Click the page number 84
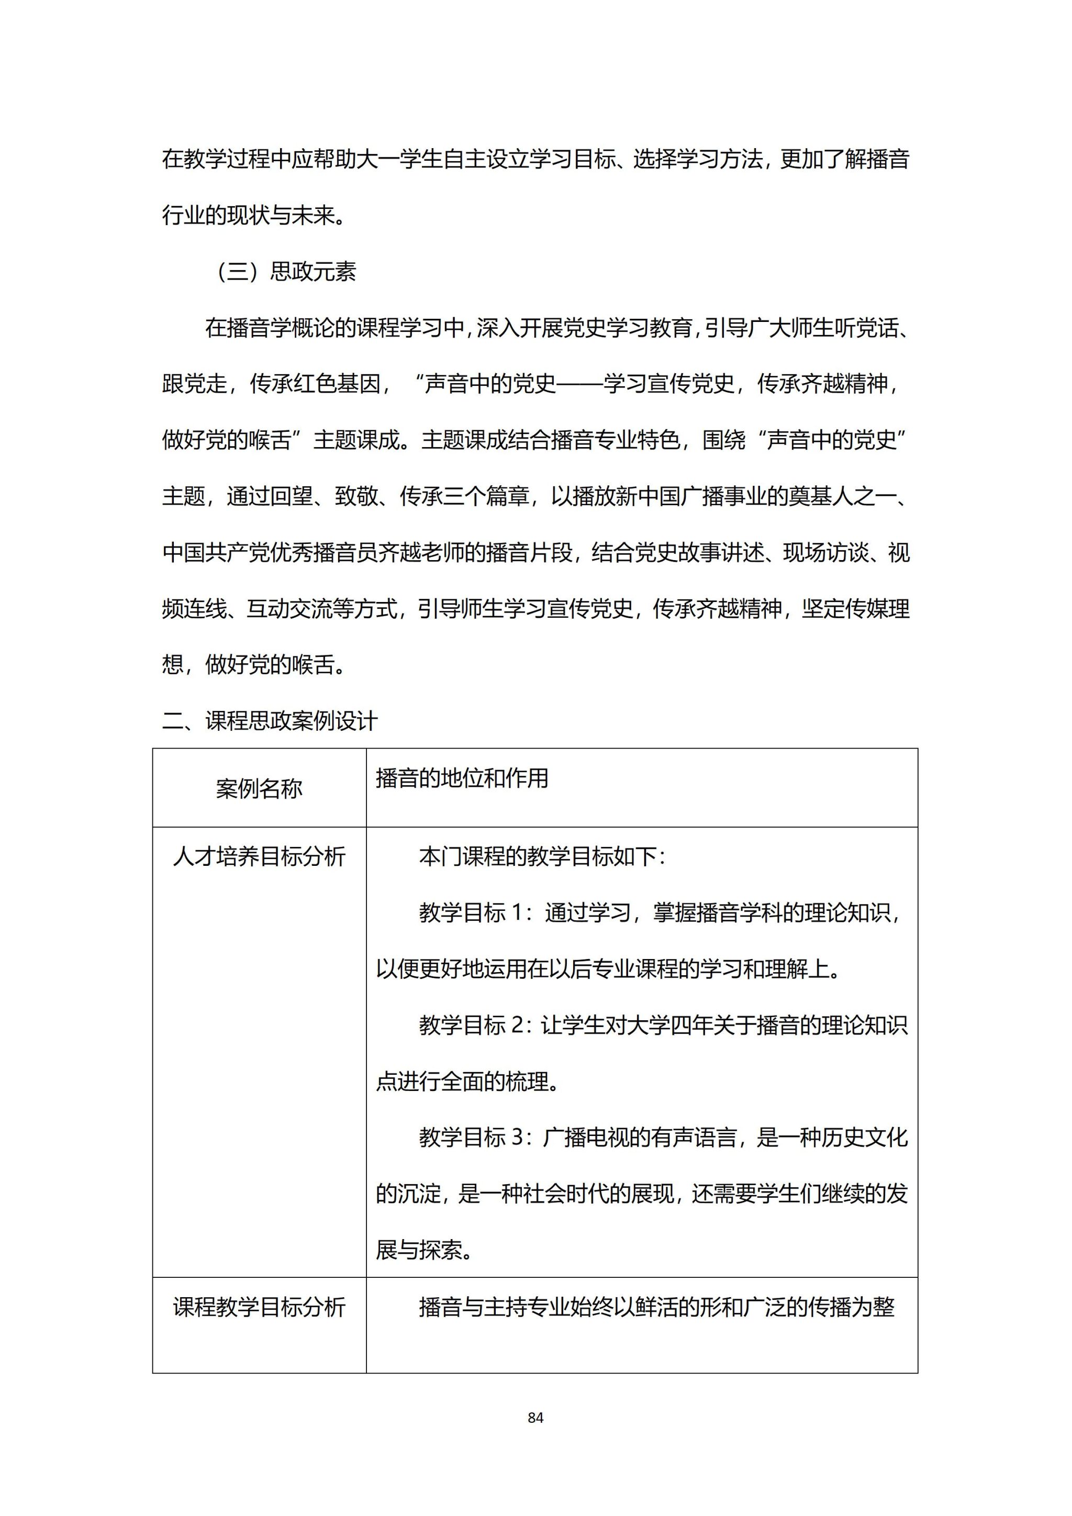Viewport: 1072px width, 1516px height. pos(535,1417)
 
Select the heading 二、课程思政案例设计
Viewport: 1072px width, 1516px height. pos(270,720)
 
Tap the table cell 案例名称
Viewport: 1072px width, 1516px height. pos(259,788)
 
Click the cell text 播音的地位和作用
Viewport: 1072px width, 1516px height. pos(462,778)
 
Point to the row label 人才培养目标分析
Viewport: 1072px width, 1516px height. pos(259,857)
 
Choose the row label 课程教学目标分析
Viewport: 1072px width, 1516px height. pos(259,1307)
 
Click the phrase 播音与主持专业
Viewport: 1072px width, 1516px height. pos(494,1307)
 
